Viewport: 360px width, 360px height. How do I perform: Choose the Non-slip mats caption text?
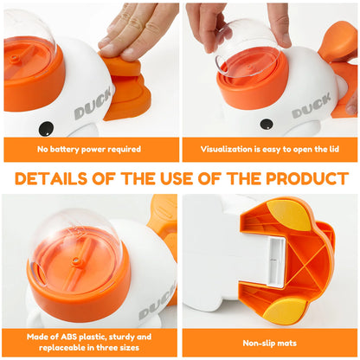270,343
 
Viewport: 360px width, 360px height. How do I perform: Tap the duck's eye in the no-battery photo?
45,127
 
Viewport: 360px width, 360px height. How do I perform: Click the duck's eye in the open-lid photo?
267,124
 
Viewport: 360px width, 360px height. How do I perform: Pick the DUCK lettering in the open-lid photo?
312,110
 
